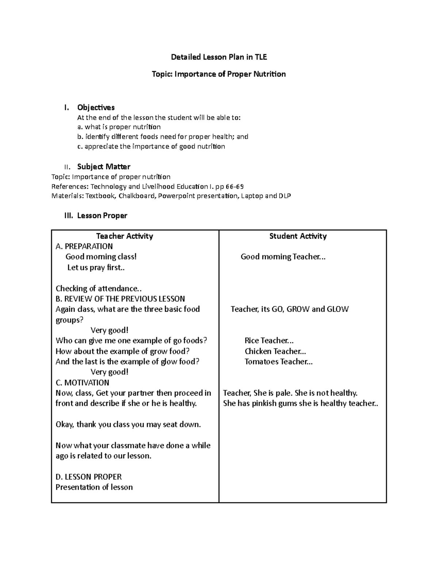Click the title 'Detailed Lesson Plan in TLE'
click(219, 57)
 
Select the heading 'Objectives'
click(96, 108)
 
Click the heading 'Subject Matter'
click(104, 167)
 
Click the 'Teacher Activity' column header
click(124, 236)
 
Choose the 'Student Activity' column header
click(298, 236)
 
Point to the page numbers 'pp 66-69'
click(230, 187)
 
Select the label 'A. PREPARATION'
click(84, 246)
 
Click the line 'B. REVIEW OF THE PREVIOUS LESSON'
click(120, 299)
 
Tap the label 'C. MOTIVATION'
click(82, 383)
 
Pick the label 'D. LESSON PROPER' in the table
click(88, 477)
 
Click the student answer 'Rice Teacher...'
click(269, 341)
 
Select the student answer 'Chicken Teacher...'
click(275, 351)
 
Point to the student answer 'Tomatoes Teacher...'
click(278, 362)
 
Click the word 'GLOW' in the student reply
click(338, 309)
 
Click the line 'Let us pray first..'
click(96, 268)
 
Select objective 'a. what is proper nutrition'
click(119, 127)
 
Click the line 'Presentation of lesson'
click(94, 487)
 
